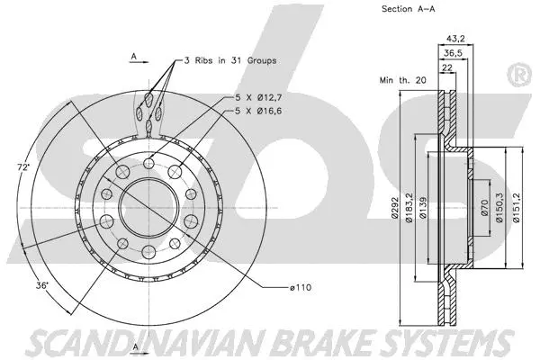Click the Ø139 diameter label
click(x=421, y=208)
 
